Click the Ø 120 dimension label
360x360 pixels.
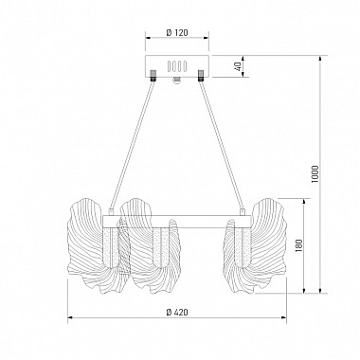click(177, 32)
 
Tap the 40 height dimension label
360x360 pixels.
click(239, 66)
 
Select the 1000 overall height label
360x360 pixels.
click(315, 174)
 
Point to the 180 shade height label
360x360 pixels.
click(298, 245)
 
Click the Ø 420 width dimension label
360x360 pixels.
click(177, 313)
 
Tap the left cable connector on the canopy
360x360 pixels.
click(153, 76)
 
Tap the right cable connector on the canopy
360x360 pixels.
click(200, 76)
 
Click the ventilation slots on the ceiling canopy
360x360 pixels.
click(177, 66)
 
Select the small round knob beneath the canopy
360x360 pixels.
click(177, 80)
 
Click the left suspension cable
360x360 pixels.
click(133, 145)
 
